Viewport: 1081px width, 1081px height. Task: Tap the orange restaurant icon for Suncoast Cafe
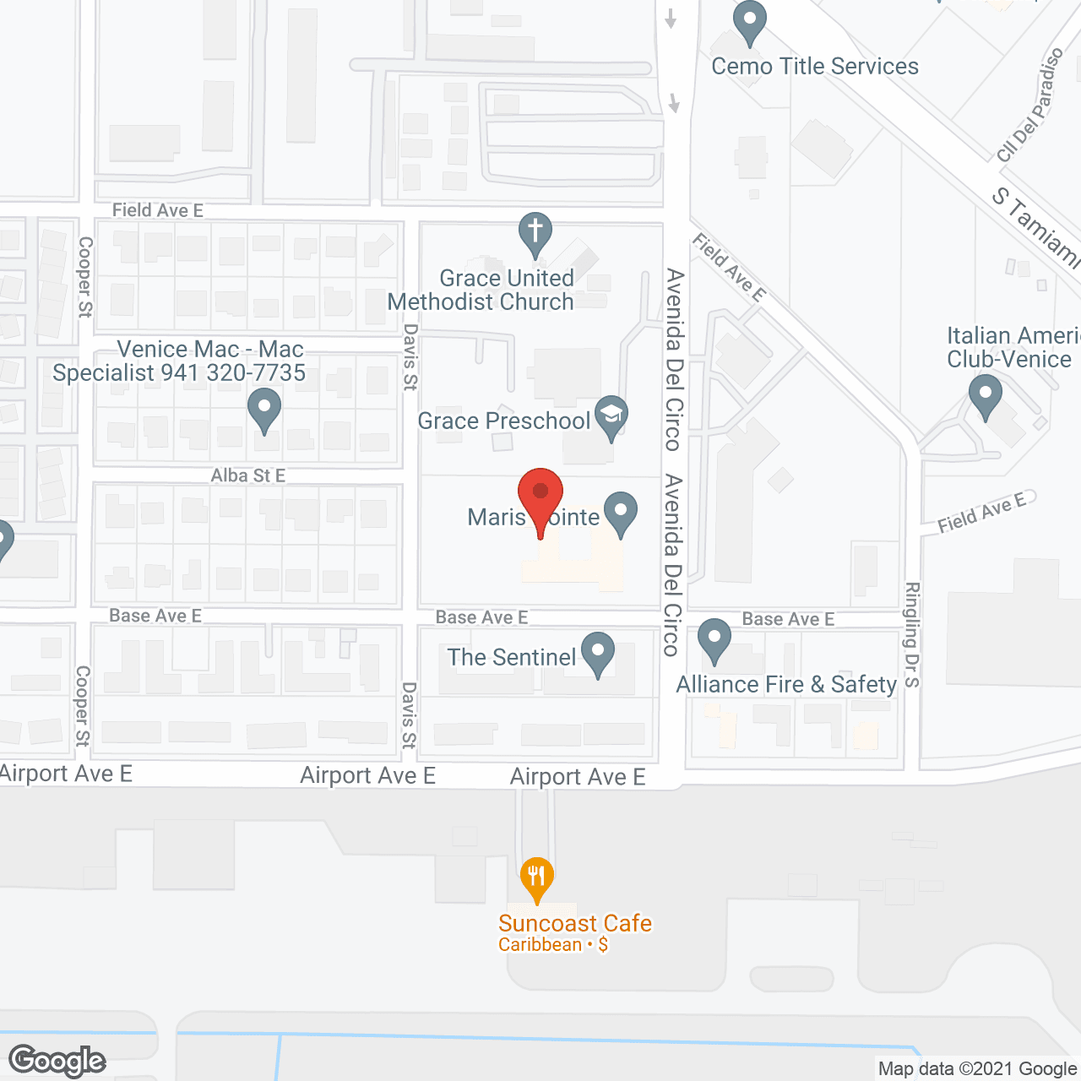pos(537,877)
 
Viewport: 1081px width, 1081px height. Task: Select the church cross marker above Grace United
pos(535,231)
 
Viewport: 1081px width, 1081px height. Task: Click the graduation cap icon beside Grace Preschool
pos(611,416)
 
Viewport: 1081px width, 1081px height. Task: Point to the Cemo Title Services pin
pos(749,20)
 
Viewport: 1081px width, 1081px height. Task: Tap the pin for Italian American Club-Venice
pos(985,394)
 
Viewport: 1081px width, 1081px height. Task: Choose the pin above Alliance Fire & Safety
pos(714,638)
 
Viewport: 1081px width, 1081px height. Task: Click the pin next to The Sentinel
pos(598,652)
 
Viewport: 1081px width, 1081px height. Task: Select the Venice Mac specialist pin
pos(264,408)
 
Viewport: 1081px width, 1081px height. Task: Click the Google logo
pos(57,1061)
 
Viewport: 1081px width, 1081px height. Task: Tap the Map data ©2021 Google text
pos(978,1069)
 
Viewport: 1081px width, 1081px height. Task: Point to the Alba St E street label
pos(247,475)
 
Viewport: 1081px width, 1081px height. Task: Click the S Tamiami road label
pos(1035,228)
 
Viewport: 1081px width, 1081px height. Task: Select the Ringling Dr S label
pos(912,634)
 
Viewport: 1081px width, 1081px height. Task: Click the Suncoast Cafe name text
pos(575,923)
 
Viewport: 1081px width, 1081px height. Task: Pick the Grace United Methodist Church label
pos(481,290)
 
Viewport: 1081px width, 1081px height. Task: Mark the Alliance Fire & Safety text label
pos(786,684)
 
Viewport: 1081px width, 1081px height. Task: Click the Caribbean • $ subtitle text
pos(553,945)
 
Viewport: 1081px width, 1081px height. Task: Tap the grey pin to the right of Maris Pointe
pos(622,512)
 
